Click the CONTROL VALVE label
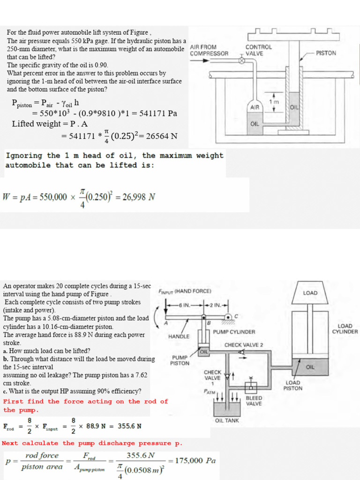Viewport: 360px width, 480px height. click(258, 50)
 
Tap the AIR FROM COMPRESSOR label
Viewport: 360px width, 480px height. click(209, 50)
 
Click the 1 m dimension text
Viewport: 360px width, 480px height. click(273, 102)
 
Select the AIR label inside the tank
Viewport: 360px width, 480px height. click(255, 107)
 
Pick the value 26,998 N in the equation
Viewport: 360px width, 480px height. click(138, 197)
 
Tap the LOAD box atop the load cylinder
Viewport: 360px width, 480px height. click(310, 293)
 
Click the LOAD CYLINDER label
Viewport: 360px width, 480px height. click(345, 329)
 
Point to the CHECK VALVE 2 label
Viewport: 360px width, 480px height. click(244, 345)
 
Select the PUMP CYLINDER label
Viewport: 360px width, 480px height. click(234, 332)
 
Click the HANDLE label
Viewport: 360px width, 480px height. click(179, 336)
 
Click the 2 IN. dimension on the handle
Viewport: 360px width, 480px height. click(216, 305)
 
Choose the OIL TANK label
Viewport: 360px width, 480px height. click(227, 420)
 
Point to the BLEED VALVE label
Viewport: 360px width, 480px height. click(254, 401)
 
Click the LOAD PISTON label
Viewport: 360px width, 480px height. click(293, 385)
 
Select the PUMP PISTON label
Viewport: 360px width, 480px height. click(180, 360)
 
